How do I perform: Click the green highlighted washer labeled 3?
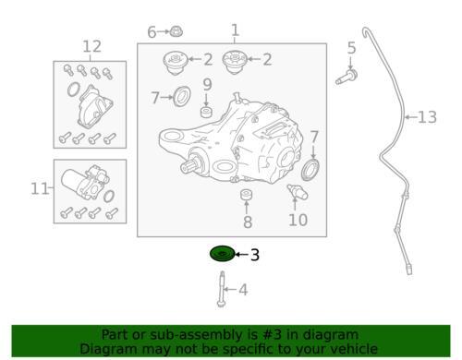[222, 254]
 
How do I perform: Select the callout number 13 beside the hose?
[427, 117]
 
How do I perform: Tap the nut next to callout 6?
[176, 31]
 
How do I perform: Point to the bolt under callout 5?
[346, 77]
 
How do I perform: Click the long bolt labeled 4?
[221, 289]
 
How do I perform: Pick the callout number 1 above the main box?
[235, 30]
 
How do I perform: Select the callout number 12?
[92, 46]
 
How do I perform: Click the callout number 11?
[40, 188]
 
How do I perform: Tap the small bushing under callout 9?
[206, 112]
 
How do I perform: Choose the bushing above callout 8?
[247, 195]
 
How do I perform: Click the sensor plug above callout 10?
[298, 192]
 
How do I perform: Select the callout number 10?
[298, 220]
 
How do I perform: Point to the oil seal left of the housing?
[182, 97]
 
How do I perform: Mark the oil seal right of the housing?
[310, 170]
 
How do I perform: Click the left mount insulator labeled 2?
[176, 63]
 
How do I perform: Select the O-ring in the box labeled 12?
[73, 90]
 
